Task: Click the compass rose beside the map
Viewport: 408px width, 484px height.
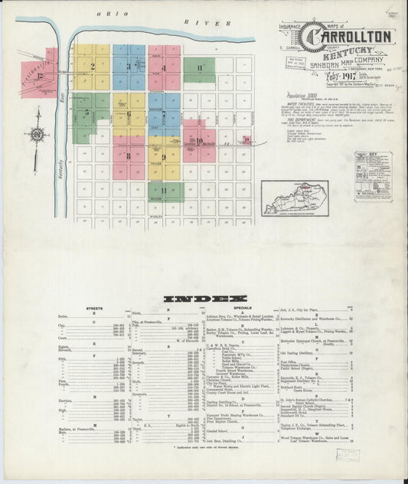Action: [x=36, y=135]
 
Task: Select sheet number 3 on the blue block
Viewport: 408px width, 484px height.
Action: [x=129, y=67]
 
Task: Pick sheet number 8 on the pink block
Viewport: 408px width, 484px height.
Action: [x=128, y=155]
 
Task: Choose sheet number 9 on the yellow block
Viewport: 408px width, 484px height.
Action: [x=163, y=157]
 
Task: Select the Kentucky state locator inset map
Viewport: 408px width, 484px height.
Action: [x=295, y=197]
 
